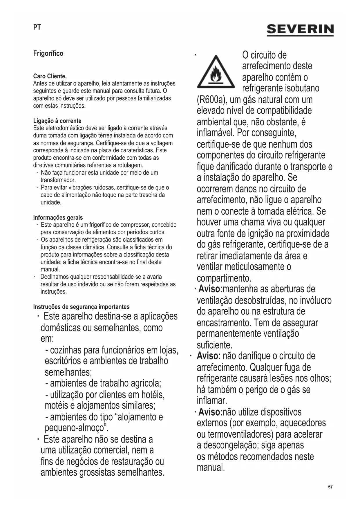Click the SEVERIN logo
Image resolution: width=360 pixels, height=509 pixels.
[300, 30]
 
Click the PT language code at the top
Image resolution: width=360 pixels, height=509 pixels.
[37, 27]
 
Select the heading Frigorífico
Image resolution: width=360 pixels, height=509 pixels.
[48, 53]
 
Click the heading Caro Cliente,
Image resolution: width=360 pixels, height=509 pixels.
[50, 76]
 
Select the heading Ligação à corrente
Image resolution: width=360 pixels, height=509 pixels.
[57, 121]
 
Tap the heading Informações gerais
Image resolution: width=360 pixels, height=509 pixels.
[58, 217]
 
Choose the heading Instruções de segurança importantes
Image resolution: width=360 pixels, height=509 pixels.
[81, 307]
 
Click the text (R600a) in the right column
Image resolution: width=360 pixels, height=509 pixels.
[211, 100]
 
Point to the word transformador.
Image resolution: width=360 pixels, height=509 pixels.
[58, 180]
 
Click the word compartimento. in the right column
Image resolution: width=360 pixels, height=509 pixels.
[224, 278]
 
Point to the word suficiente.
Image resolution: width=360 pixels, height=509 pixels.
[215, 345]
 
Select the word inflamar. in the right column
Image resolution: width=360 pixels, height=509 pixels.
[212, 401]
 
